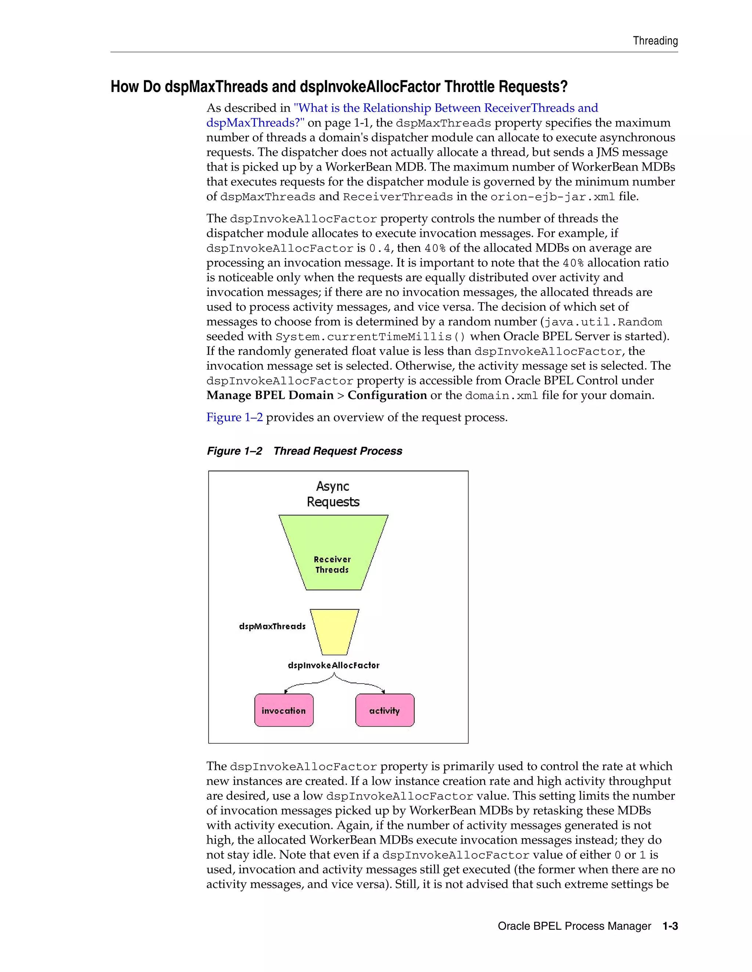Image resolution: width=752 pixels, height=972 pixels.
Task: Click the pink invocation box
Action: (284, 710)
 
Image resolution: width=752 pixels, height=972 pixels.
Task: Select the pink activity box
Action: (384, 710)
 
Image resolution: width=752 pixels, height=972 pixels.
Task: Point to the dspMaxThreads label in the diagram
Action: (272, 626)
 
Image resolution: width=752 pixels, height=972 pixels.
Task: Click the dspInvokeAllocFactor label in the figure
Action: (334, 665)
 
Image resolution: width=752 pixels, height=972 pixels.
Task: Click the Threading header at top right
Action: (655, 41)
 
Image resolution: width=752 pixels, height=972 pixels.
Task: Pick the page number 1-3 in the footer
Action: (670, 926)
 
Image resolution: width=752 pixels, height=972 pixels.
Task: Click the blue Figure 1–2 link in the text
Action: (234, 417)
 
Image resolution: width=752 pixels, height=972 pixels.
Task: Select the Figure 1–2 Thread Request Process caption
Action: (304, 451)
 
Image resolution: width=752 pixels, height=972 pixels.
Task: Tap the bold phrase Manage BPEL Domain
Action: (270, 395)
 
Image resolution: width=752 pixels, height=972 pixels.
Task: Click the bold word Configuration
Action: (387, 395)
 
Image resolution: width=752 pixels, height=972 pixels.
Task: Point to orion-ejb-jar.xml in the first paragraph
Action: (552, 197)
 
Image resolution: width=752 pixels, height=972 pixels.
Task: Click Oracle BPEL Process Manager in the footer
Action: (574, 926)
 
